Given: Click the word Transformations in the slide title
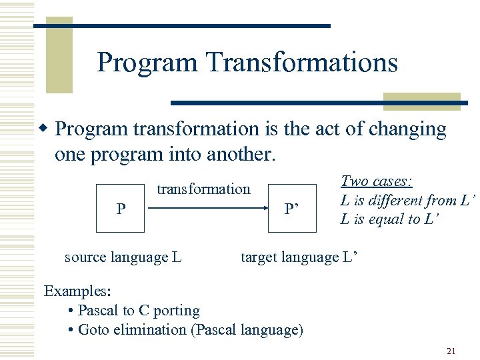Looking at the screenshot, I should pyautogui.click(x=301, y=63).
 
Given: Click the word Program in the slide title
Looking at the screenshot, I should pyautogui.click(x=147, y=63).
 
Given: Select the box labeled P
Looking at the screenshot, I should pyautogui.click(x=120, y=208).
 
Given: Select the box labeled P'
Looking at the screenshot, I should pyautogui.click(x=292, y=208).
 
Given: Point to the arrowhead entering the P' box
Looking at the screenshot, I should pyautogui.click(x=264, y=209).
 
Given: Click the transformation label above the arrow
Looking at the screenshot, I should pyautogui.click(x=203, y=189).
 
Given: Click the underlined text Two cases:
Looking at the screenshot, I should pyautogui.click(x=377, y=181).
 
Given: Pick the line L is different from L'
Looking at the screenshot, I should pyautogui.click(x=408, y=200).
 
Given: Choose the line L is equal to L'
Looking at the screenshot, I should pyautogui.click(x=389, y=219).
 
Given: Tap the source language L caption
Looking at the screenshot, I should pyautogui.click(x=123, y=257).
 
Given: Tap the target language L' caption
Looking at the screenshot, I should pyautogui.click(x=299, y=257).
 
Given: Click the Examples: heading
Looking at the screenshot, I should pyautogui.click(x=77, y=291).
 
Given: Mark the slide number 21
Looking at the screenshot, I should pyautogui.click(x=451, y=351).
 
